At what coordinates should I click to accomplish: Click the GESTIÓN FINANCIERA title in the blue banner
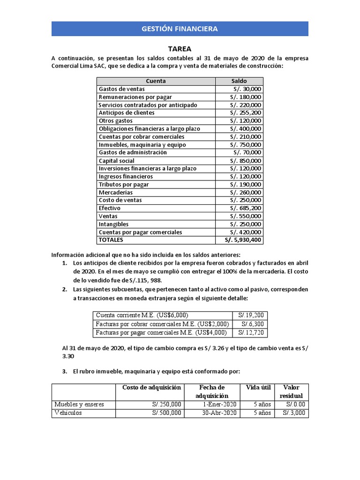tap(180, 29)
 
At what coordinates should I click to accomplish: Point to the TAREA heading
tap(180, 49)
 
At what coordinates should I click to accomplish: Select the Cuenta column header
tap(156, 81)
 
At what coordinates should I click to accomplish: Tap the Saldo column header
tap(239, 81)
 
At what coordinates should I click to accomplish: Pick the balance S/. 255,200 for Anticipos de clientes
tap(246, 113)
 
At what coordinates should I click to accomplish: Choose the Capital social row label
tap(117, 161)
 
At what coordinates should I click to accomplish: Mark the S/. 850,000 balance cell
tap(246, 161)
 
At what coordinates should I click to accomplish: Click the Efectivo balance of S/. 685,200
tap(246, 208)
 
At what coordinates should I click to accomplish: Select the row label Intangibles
tap(113, 224)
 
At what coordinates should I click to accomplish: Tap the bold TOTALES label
tap(111, 240)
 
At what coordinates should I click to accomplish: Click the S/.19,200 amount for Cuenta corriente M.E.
tap(251, 315)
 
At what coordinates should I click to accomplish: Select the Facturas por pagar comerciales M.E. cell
tap(161, 333)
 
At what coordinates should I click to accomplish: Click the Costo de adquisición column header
tap(151, 387)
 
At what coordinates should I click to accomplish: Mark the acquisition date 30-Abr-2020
tap(219, 413)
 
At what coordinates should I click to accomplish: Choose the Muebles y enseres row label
tap(79, 404)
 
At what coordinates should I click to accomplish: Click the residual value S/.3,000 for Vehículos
tap(293, 413)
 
